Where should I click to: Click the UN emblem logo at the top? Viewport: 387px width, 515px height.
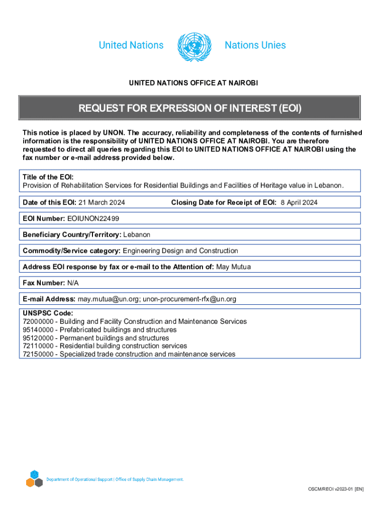(194, 47)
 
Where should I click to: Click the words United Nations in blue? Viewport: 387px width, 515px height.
(131, 45)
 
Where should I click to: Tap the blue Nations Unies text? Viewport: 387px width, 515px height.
(255, 45)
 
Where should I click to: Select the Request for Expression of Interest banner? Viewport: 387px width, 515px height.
(189, 108)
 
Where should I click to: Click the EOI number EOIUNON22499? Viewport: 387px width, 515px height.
(93, 218)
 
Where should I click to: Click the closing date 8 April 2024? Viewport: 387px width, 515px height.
(299, 202)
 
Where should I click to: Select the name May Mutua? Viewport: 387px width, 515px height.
(233, 267)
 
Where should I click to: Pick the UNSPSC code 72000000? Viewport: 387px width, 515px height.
(39, 321)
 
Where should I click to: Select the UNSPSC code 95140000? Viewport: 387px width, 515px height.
(39, 330)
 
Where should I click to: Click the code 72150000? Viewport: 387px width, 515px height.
(39, 354)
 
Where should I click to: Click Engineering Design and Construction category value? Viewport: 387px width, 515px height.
(180, 250)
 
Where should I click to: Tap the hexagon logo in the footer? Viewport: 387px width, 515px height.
(34, 479)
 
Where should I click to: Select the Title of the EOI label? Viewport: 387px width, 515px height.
(48, 177)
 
